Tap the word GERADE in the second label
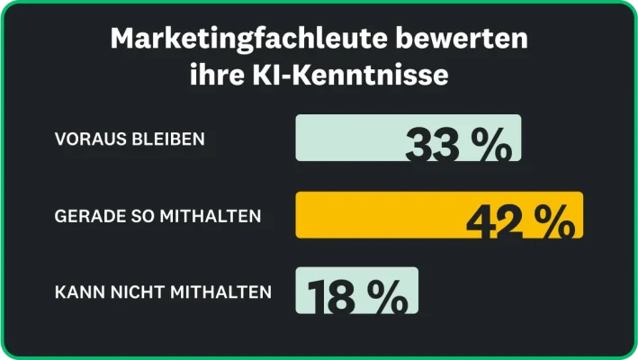pos(86,216)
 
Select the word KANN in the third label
pos(77,292)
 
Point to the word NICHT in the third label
pos(133,292)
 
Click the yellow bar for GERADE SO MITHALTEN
pos(378,214)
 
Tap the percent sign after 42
pos(553,221)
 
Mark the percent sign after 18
pos(386,296)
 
